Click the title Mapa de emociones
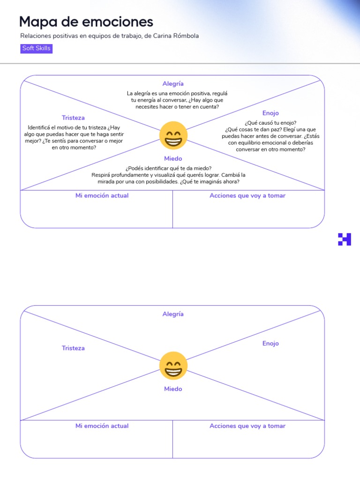click(x=86, y=22)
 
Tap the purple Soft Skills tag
click(x=36, y=48)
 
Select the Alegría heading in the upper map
click(x=173, y=83)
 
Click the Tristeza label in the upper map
click(x=73, y=118)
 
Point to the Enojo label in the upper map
click(x=270, y=113)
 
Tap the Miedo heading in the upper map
click(x=173, y=158)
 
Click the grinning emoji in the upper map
click(x=173, y=135)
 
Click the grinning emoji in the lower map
click(x=173, y=366)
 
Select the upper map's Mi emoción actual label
click(x=102, y=195)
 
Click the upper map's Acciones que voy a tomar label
click(x=247, y=195)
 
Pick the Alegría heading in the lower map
click(x=173, y=314)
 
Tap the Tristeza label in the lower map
click(x=73, y=348)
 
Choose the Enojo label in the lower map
click(x=270, y=344)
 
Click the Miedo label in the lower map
click(x=173, y=389)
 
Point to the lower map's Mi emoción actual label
click(x=102, y=426)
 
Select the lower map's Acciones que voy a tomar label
click(x=247, y=426)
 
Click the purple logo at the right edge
click(x=345, y=239)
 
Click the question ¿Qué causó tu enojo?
click(x=270, y=123)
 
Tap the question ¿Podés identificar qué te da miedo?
click(x=168, y=168)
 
